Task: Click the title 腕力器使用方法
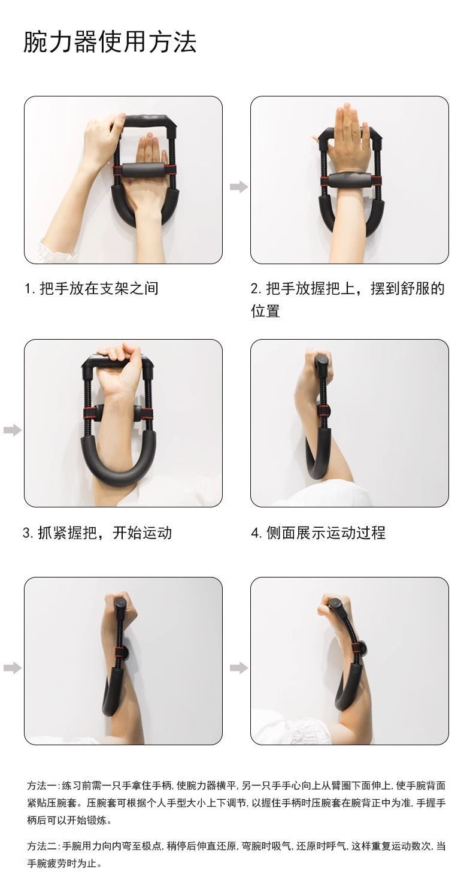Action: (x=110, y=43)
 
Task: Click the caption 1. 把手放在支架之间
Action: (x=91, y=289)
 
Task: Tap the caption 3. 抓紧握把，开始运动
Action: (x=97, y=533)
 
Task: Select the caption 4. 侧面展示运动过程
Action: (x=318, y=533)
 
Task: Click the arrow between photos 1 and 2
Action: (x=238, y=187)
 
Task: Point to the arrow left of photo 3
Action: (x=12, y=430)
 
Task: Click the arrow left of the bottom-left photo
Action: (x=12, y=668)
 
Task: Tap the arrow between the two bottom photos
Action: (x=238, y=668)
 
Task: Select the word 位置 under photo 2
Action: (x=265, y=312)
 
